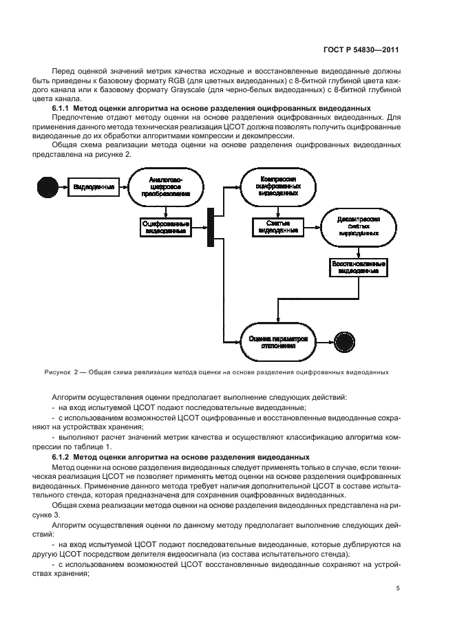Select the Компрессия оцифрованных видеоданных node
[277, 186]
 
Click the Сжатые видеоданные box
[277, 228]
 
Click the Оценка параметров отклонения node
[277, 340]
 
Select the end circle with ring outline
[341, 340]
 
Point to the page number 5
[398, 588]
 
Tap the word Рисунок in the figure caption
[56, 373]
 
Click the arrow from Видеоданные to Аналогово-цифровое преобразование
[125, 186]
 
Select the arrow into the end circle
[324, 340]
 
